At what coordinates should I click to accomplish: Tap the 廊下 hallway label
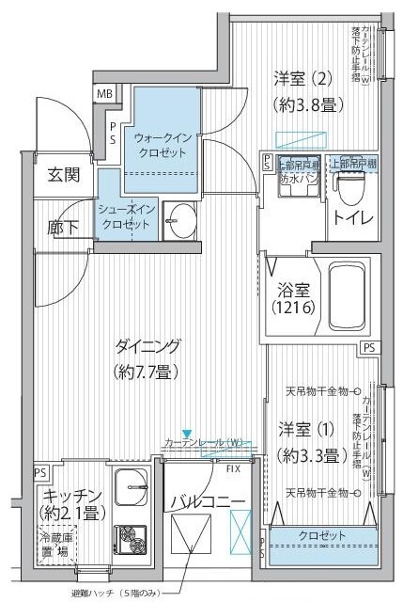[x=63, y=227]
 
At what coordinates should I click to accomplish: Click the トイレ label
[x=351, y=219]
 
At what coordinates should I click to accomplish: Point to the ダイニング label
[x=148, y=356]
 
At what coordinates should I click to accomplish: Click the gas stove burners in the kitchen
[x=131, y=541]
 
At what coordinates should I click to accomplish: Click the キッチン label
[x=71, y=504]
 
